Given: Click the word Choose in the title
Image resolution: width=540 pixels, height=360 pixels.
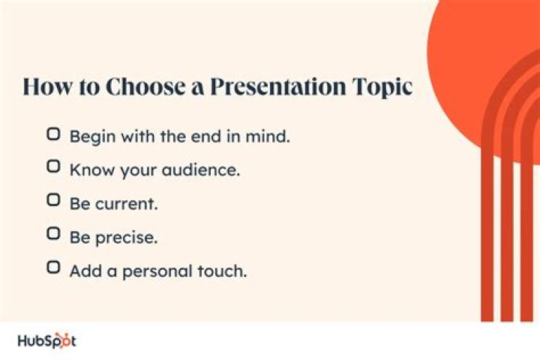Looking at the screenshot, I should tap(142, 86).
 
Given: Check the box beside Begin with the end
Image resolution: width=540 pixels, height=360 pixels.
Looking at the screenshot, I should tap(53, 135).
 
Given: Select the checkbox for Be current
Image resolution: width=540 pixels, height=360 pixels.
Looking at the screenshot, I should tap(53, 201).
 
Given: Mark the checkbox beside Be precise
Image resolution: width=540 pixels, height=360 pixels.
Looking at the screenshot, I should tap(53, 234).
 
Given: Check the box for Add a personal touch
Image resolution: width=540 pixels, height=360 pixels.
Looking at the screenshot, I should tap(53, 268).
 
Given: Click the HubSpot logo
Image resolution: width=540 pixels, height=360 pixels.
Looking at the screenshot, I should tap(46, 340).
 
